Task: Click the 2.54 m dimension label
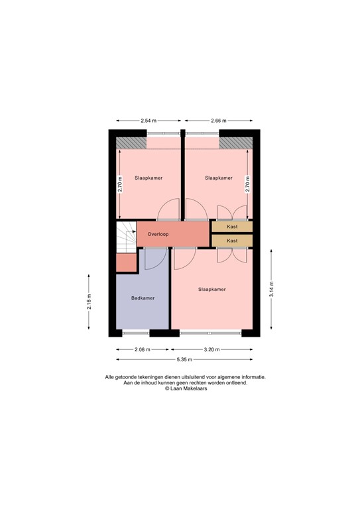point(149,121)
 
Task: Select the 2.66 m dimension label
point(218,121)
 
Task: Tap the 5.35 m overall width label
point(184,359)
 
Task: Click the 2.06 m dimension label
point(142,349)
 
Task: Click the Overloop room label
point(158,234)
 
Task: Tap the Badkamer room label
point(143,298)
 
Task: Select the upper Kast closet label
point(232,227)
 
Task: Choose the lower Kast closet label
point(232,241)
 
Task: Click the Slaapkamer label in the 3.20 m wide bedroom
point(212,290)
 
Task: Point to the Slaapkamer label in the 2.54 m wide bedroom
point(149,178)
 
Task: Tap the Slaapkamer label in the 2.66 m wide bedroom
point(219,178)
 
